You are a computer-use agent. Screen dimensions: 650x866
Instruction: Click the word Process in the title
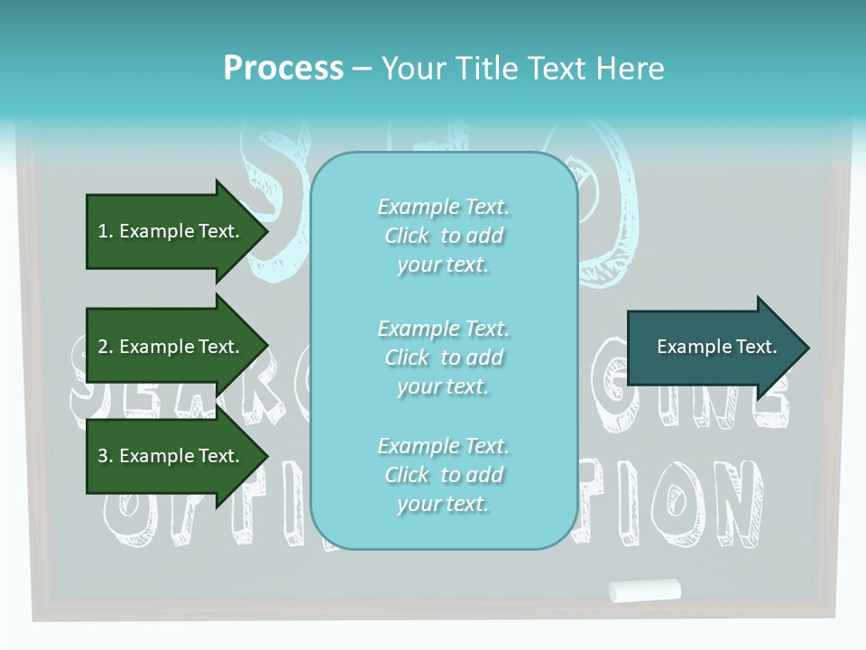pyautogui.click(x=283, y=68)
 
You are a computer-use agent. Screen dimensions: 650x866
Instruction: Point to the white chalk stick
pyautogui.click(x=644, y=590)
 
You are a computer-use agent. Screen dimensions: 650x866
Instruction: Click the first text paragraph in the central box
pyautogui.click(x=443, y=236)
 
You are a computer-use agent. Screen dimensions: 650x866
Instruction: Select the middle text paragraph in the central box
pyautogui.click(x=443, y=357)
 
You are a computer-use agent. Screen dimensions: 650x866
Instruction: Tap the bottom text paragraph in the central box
pyautogui.click(x=443, y=475)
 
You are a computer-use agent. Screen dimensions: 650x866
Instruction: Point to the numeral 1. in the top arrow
pyautogui.click(x=106, y=231)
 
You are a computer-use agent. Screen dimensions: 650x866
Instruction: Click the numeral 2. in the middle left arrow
pyautogui.click(x=106, y=347)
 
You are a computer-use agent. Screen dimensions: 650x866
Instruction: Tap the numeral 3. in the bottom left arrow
pyautogui.click(x=106, y=456)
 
